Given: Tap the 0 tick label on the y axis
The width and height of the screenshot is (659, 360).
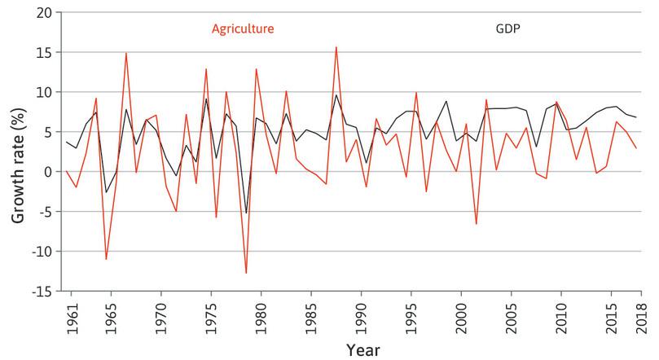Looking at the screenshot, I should tap(51, 172).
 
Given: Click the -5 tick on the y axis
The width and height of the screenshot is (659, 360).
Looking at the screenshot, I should tap(47, 212).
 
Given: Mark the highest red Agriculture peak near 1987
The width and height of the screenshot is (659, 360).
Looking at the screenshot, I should tap(336, 47).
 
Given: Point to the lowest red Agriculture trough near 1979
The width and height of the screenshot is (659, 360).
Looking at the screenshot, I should tap(246, 273).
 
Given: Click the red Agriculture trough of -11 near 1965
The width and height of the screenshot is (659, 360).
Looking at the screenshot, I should tap(106, 259).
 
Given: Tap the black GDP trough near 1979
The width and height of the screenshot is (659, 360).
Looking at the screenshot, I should tap(246, 213).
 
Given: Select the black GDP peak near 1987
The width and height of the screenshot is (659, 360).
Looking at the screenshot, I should tap(336, 95).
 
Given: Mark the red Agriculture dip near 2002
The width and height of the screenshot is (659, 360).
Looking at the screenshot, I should tap(476, 223).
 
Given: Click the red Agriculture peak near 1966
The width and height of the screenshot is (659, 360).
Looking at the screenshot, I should tap(126, 53).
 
